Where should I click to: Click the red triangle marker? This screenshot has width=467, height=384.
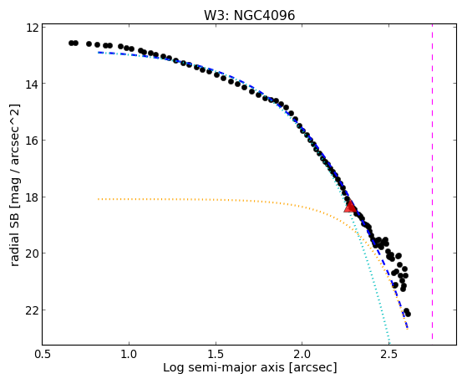(350, 207)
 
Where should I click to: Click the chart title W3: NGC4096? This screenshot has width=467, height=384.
(249, 16)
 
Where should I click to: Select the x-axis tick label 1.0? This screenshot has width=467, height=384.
(129, 354)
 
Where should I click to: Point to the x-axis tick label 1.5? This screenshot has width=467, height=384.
(216, 354)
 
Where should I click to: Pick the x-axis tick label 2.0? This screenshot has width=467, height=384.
(302, 354)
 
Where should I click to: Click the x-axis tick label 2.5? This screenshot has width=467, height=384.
(388, 354)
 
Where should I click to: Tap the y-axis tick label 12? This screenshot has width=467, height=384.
(31, 28)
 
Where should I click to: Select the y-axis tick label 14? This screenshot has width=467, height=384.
(31, 84)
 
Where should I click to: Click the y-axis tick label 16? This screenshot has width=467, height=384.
(31, 141)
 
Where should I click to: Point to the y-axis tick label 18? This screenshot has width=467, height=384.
(31, 197)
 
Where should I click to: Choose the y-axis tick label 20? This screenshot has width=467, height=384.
(31, 253)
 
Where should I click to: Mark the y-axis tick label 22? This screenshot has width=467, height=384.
(31, 310)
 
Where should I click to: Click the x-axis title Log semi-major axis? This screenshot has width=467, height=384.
(223, 368)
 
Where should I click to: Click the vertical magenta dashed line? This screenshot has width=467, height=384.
(432, 182)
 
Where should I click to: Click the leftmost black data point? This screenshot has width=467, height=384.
(71, 43)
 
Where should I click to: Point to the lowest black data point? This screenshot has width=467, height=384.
(408, 314)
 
